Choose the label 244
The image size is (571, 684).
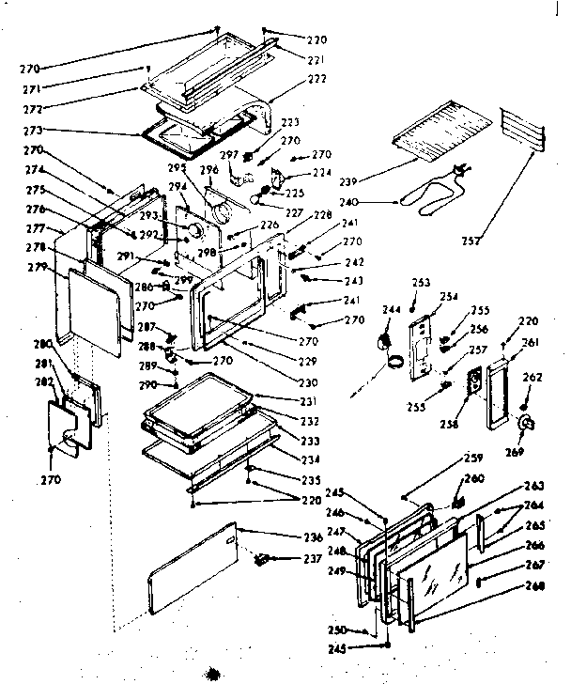390,309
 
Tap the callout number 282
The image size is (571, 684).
44,381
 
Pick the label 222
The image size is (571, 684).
316,79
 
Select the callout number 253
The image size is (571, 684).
420,282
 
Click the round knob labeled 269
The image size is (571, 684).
522,425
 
